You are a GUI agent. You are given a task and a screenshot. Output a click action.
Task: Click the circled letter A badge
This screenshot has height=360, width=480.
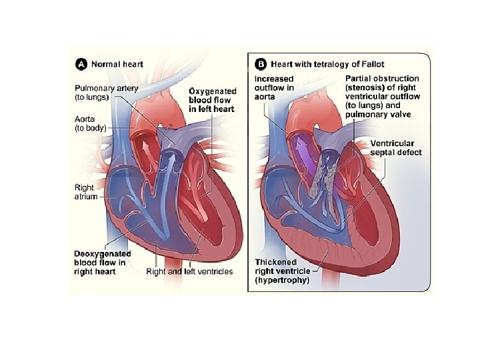81,64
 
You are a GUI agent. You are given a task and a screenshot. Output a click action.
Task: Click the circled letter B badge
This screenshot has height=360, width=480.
261,64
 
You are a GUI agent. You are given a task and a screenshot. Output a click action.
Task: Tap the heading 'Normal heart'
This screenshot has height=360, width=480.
117,64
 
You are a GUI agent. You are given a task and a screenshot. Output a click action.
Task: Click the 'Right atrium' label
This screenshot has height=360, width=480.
85,193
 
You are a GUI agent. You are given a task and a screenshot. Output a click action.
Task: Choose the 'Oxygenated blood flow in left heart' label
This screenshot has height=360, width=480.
212,100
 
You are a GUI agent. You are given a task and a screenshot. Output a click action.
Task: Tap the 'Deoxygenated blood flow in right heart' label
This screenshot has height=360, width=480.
102,263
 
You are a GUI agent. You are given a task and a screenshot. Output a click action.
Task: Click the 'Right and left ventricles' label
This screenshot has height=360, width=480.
189,271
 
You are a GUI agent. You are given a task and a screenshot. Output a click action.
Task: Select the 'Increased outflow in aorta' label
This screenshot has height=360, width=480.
275,87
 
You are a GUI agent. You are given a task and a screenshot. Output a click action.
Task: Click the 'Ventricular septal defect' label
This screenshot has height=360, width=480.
396,148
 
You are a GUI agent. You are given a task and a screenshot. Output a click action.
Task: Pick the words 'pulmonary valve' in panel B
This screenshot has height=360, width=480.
378,114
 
